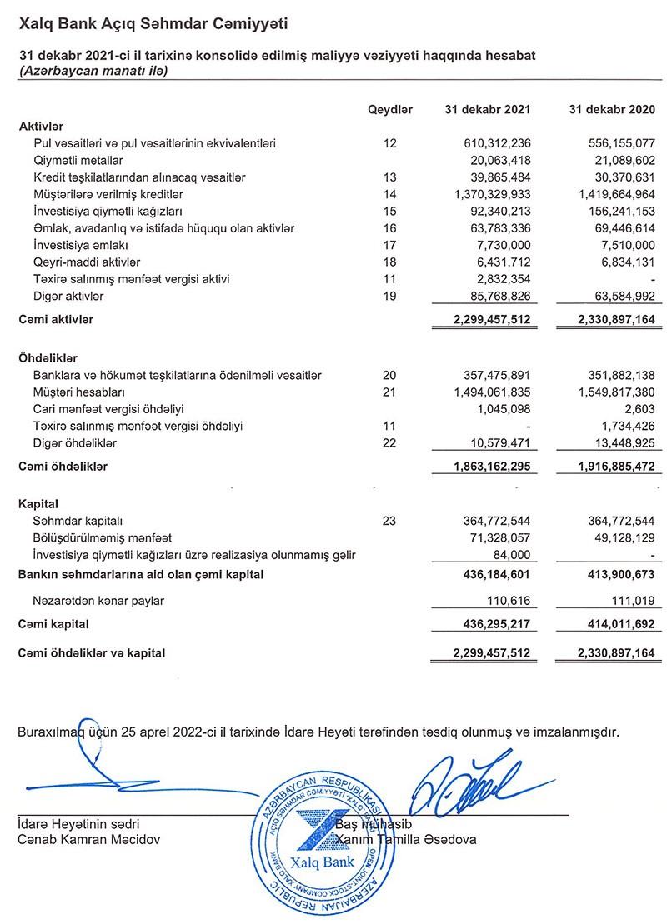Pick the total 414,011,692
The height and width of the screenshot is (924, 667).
[x=615, y=623]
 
